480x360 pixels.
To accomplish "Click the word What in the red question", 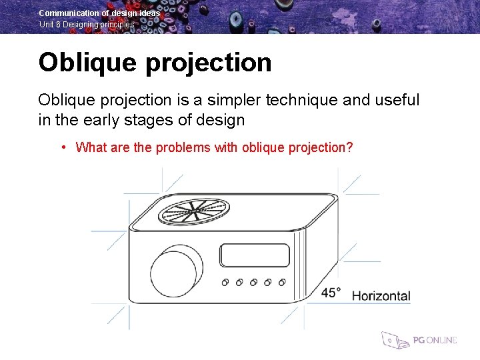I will (91, 147).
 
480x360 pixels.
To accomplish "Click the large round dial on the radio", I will (175, 275).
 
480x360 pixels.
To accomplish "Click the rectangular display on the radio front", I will (255, 255).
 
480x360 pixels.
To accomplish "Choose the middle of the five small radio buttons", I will (254, 282).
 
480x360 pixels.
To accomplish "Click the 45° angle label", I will (331, 293).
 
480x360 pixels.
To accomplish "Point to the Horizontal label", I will (381, 295).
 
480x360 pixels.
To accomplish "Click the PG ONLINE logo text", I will (435, 340).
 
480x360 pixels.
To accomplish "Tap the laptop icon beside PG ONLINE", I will (395, 340).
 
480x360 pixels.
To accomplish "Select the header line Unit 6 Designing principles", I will (87, 24).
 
